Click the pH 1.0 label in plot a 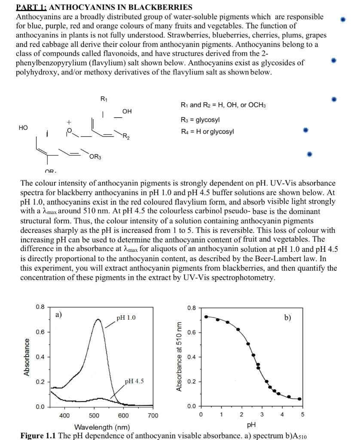coord(126,318)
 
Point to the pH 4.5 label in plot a coord(134,381)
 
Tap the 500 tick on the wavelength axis coord(94,416)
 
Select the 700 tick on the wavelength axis coord(153,416)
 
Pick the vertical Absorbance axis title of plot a coord(27,357)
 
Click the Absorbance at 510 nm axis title coord(179,357)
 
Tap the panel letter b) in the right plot coord(287,318)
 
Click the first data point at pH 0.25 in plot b coord(206,317)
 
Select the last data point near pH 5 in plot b coord(299,399)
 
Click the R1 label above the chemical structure coord(104,99)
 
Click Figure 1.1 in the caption coord(38,436)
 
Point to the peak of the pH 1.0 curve coord(98,319)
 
